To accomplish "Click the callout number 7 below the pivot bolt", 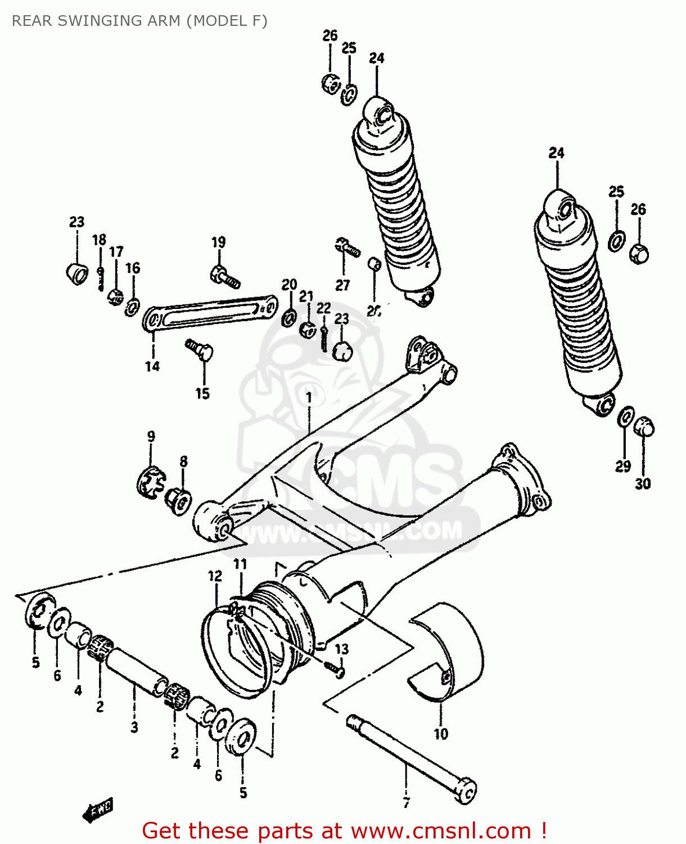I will click(407, 802).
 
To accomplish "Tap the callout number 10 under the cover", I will click(441, 734).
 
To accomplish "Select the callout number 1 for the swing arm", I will click(309, 398).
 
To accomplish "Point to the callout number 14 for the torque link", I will click(152, 366).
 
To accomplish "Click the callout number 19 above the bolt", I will click(219, 243).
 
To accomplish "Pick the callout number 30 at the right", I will click(643, 483).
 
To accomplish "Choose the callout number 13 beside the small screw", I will click(342, 649).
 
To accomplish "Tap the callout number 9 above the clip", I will click(151, 437).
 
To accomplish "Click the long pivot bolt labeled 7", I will click(410, 753).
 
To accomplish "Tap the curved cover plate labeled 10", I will click(450, 653).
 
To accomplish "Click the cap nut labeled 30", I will click(644, 427).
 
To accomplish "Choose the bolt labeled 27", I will click(346, 247).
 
